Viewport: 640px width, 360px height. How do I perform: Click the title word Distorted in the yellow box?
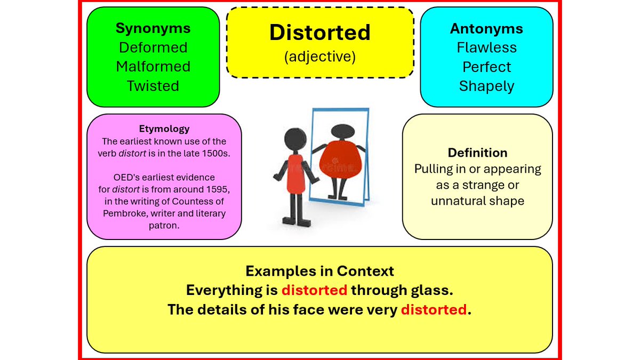click(x=319, y=33)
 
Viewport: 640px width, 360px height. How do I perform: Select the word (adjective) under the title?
click(x=319, y=57)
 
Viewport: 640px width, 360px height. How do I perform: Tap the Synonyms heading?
click(x=153, y=28)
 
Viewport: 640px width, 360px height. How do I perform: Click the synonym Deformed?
click(x=153, y=47)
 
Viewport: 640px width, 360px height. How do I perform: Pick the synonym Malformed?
click(x=153, y=67)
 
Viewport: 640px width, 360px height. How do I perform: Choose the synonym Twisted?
click(x=153, y=86)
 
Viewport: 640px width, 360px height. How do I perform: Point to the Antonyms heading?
click(x=486, y=28)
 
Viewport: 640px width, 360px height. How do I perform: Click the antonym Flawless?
click(x=486, y=47)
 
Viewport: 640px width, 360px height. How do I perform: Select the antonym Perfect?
click(x=486, y=67)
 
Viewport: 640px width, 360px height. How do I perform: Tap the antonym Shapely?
click(x=486, y=86)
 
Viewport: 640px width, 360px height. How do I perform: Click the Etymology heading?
click(x=164, y=129)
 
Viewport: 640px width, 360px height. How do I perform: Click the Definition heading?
click(x=477, y=153)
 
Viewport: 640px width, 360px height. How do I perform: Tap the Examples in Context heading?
click(x=319, y=271)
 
